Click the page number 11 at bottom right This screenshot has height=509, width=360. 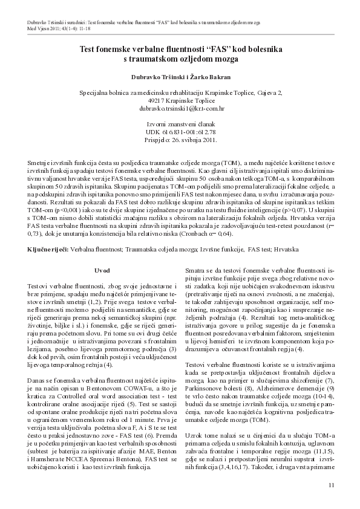[330, 485]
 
